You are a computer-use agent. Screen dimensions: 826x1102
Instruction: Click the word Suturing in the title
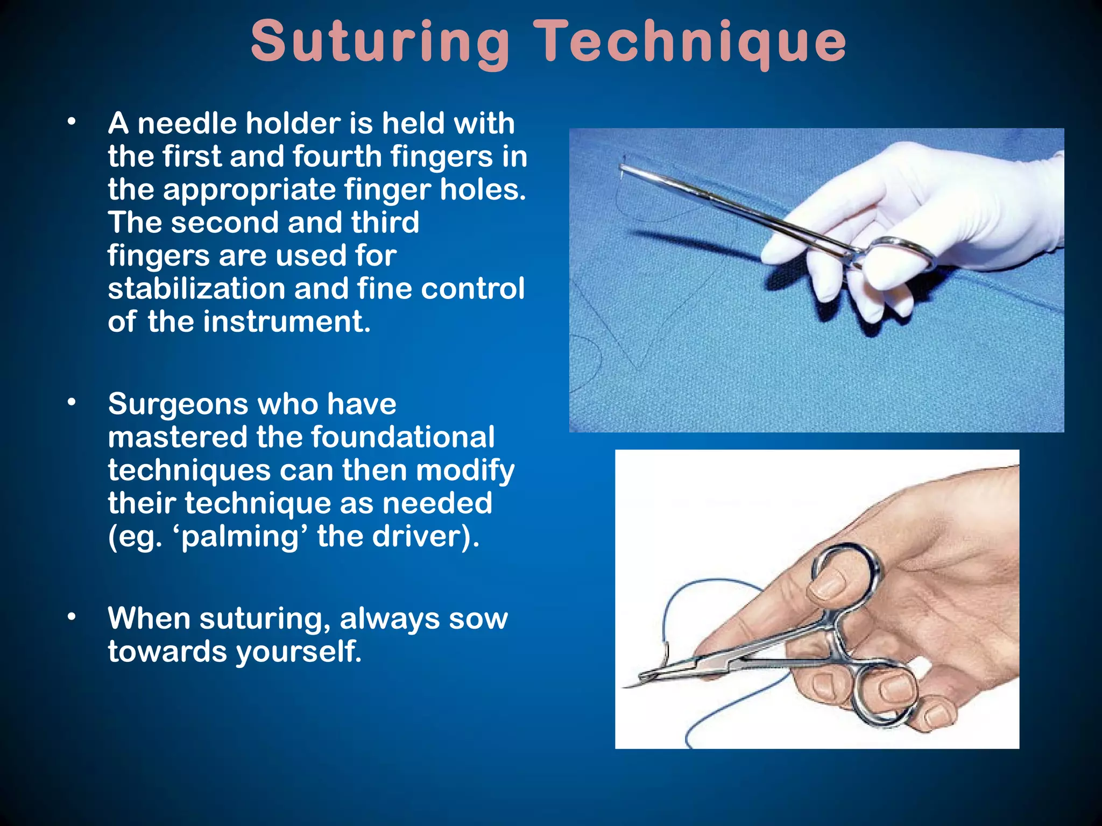pyautogui.click(x=380, y=42)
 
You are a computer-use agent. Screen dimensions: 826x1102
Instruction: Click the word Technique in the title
pyautogui.click(x=693, y=42)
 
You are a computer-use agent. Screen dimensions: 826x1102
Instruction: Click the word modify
pyautogui.click(x=465, y=471)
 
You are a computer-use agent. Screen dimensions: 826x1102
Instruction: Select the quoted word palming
pyautogui.click(x=244, y=537)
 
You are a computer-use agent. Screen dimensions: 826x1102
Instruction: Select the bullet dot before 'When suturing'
pyautogui.click(x=72, y=617)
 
